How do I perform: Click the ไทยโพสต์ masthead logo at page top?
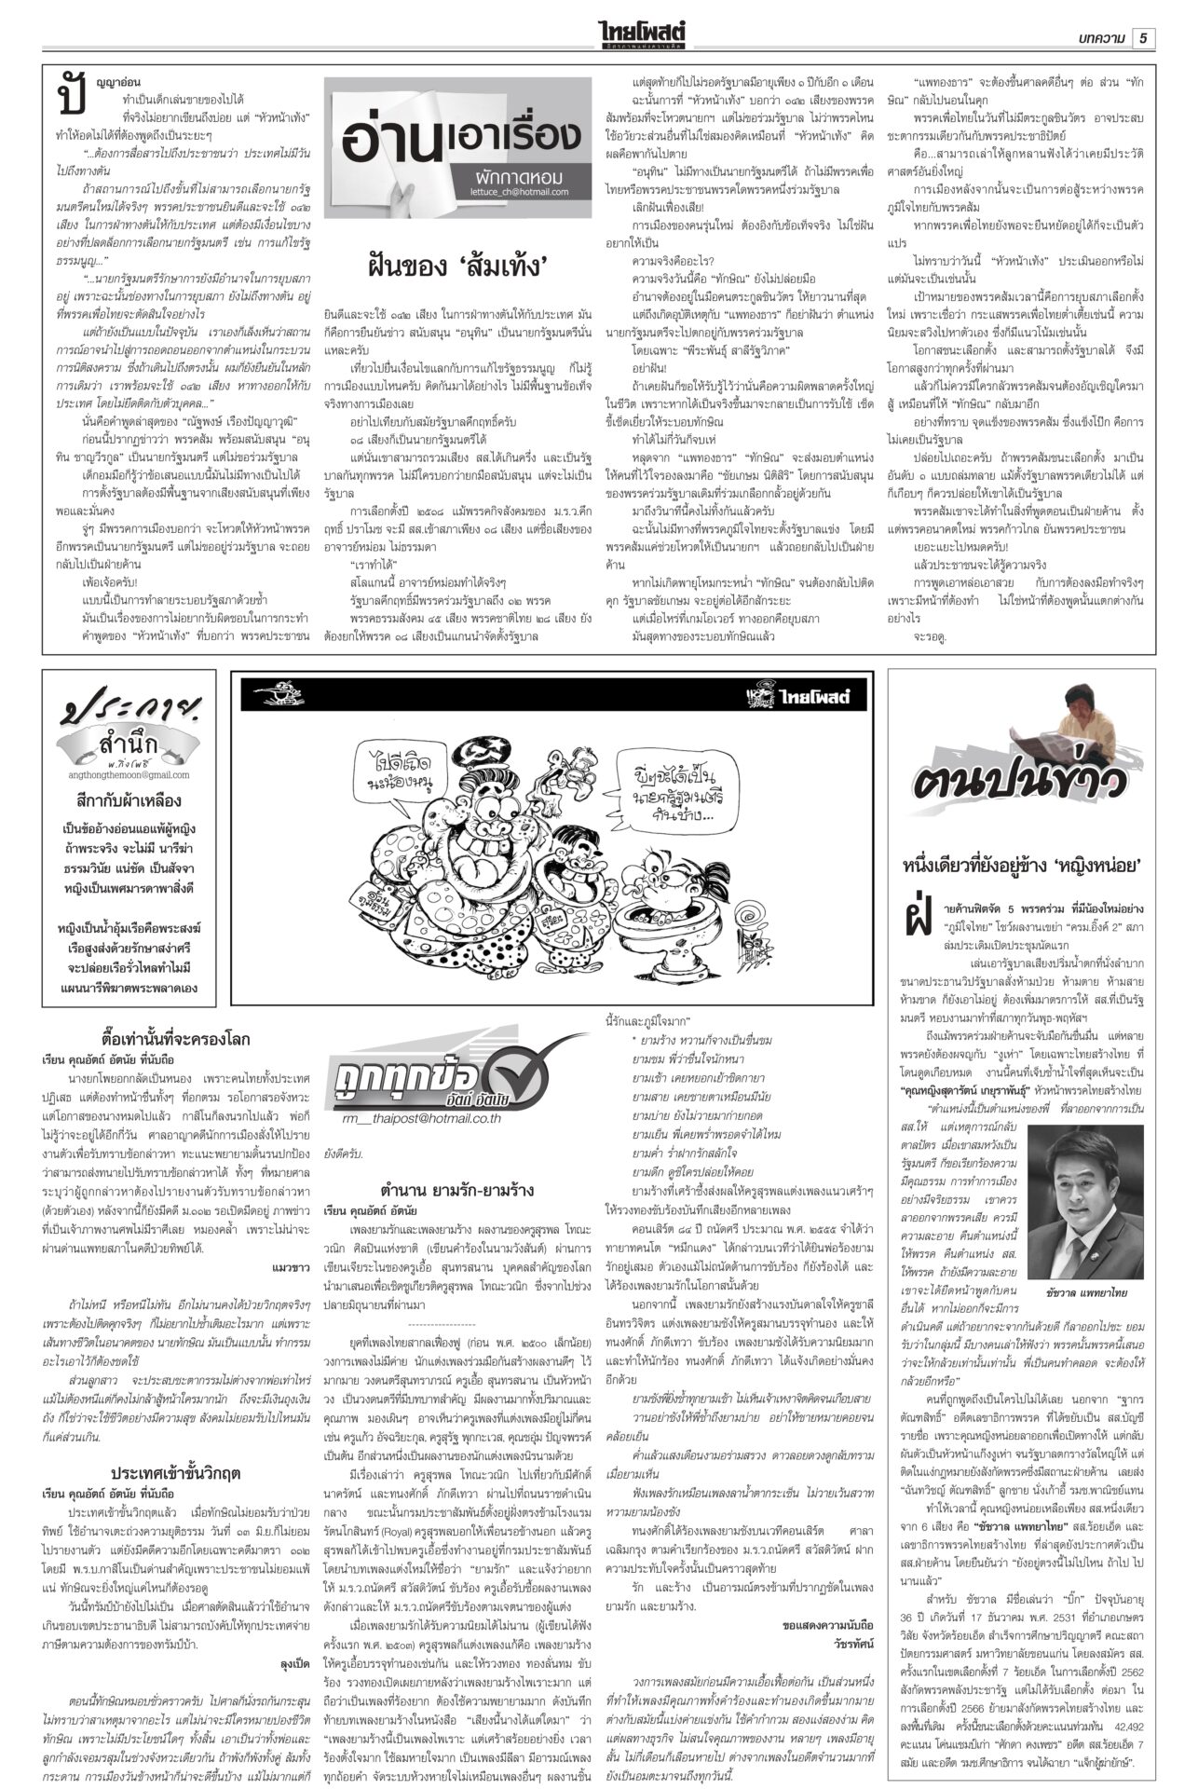point(646,34)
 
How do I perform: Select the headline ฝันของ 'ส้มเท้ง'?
point(457,268)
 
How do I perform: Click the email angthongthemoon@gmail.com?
point(129,774)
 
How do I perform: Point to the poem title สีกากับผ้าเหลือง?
point(129,800)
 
